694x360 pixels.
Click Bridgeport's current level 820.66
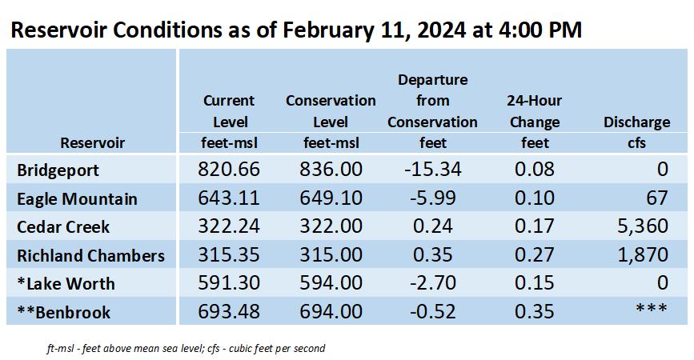point(228,169)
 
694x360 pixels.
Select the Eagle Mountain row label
point(77,199)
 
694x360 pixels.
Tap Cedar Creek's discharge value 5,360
point(643,226)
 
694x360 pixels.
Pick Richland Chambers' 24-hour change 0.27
point(534,254)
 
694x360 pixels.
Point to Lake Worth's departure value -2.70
point(432,283)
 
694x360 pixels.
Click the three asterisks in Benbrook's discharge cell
point(652,308)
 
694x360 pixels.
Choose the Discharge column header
point(636,122)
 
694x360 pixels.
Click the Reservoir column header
point(93,143)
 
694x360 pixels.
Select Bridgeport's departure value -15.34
point(432,169)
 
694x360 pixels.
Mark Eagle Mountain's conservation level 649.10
point(331,198)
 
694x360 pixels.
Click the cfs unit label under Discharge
point(636,143)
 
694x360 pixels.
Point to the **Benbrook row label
point(64,312)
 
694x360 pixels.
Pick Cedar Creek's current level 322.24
point(228,226)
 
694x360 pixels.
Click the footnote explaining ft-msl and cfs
point(186,349)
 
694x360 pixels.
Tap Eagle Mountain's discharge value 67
point(657,198)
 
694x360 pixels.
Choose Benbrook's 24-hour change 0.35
point(534,311)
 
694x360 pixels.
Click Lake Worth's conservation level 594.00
point(331,283)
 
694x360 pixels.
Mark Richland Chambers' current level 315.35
point(228,254)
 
